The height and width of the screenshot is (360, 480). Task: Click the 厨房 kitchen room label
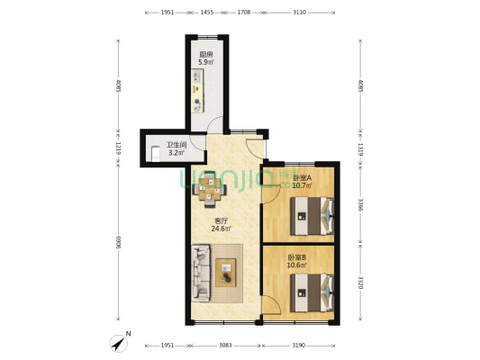click(206, 55)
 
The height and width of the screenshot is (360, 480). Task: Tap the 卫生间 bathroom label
click(177, 145)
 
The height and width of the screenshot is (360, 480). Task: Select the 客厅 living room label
click(221, 220)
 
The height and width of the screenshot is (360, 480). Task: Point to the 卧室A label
click(303, 177)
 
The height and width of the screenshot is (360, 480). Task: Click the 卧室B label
click(296, 257)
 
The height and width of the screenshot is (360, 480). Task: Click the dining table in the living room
click(210, 190)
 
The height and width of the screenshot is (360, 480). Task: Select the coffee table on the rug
click(226, 273)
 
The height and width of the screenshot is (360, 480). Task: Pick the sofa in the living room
click(201, 273)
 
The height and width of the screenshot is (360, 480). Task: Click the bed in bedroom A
click(312, 216)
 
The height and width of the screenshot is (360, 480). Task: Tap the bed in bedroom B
click(312, 292)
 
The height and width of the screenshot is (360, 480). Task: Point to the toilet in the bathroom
click(156, 154)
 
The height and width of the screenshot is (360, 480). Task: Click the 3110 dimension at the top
click(299, 13)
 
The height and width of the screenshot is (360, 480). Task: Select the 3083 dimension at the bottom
click(225, 346)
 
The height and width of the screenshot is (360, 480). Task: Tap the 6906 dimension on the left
click(119, 242)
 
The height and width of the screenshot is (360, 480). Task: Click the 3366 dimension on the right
click(360, 205)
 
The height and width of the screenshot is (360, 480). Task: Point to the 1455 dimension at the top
click(207, 13)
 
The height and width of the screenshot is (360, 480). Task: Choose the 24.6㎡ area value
click(221, 229)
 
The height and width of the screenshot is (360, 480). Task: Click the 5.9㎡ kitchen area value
click(206, 62)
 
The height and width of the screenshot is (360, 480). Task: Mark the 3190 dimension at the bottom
click(298, 346)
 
